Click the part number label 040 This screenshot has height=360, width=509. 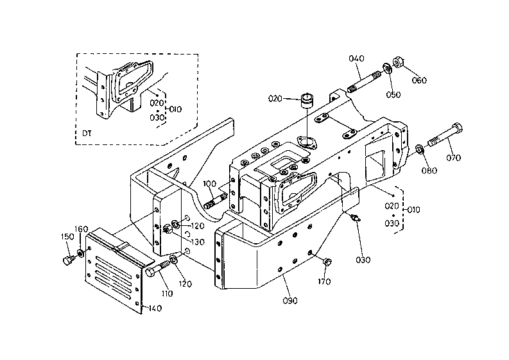tap(356, 59)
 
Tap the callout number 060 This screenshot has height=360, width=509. tap(419, 80)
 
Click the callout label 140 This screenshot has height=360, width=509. tap(154, 309)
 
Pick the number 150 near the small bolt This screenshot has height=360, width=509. tap(67, 237)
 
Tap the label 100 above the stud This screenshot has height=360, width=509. tap(210, 184)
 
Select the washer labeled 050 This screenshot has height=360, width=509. tap(387, 68)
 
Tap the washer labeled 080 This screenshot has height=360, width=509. tap(418, 150)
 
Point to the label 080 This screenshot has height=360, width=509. tap(429, 171)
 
